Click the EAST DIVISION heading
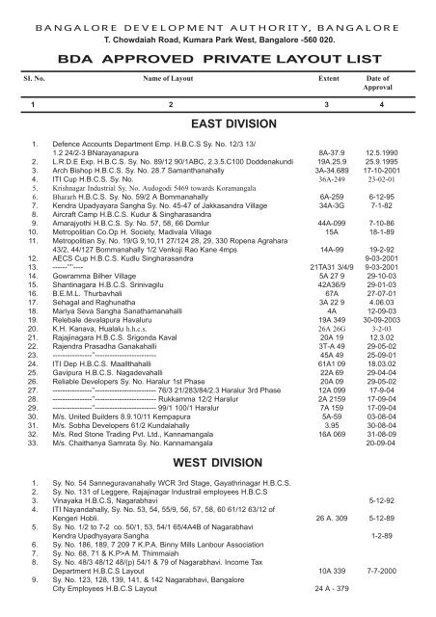coord(230,124)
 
